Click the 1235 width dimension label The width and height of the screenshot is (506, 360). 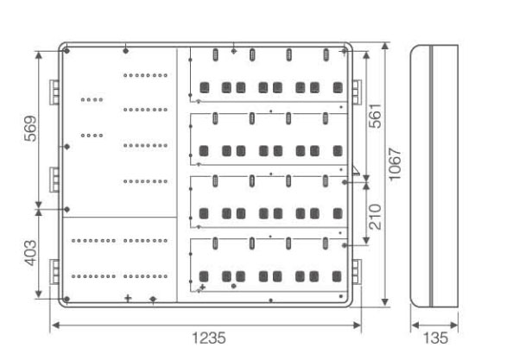click(209, 338)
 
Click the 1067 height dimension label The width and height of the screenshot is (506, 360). click(395, 165)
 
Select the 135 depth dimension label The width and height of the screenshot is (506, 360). click(435, 338)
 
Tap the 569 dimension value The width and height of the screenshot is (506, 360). click(31, 129)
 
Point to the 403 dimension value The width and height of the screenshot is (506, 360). click(31, 253)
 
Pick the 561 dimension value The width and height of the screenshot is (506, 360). click(376, 116)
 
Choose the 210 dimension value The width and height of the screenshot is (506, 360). click(376, 217)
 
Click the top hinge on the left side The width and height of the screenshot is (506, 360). click(54, 92)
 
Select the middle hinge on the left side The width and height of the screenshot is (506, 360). click(54, 180)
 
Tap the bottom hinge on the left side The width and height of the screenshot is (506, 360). click(54, 272)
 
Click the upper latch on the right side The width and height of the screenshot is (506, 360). click(357, 92)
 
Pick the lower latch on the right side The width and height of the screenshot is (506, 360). click(357, 272)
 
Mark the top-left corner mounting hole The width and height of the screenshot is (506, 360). click(66, 51)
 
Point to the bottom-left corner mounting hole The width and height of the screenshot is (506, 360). click(66, 299)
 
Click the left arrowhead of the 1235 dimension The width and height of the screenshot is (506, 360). click(55, 325)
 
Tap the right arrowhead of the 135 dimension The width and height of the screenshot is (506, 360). click(454, 325)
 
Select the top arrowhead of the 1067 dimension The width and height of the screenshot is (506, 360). click(384, 46)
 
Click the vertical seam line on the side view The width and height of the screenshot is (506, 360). click(431, 176)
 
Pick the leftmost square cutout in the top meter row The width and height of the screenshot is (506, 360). click(205, 87)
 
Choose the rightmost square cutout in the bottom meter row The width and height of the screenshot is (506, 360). click(337, 276)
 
